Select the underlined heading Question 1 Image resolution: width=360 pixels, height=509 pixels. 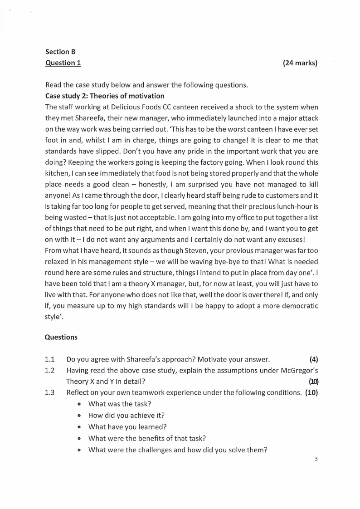pos(63,63)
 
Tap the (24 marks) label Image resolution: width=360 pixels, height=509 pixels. pos(300,63)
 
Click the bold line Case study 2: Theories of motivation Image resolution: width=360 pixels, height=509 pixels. pos(105,96)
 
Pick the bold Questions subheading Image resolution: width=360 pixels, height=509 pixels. pos(61,337)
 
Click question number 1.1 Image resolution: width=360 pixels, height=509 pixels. pos(50,360)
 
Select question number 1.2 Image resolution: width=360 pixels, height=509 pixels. pos(50,370)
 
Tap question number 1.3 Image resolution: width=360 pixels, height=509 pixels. pos(50,392)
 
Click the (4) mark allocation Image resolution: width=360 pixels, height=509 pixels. pos(313,360)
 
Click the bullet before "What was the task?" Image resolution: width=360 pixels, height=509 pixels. pos(79,404)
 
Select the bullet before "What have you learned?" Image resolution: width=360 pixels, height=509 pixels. pos(79,427)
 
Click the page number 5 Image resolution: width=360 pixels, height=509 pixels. pos(316,459)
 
